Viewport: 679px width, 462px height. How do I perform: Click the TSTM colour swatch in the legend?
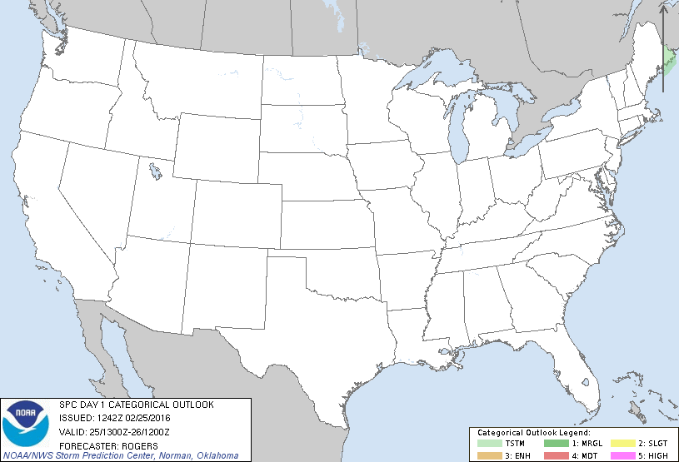pos(492,442)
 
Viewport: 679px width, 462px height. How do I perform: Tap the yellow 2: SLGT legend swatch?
pos(623,442)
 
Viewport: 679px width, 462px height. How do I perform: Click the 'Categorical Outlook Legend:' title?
pos(533,433)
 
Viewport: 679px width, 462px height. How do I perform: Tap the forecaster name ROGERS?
pos(126,444)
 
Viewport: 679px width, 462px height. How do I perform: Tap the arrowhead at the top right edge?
pos(664,10)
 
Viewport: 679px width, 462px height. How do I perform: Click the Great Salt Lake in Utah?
pos(156,173)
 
